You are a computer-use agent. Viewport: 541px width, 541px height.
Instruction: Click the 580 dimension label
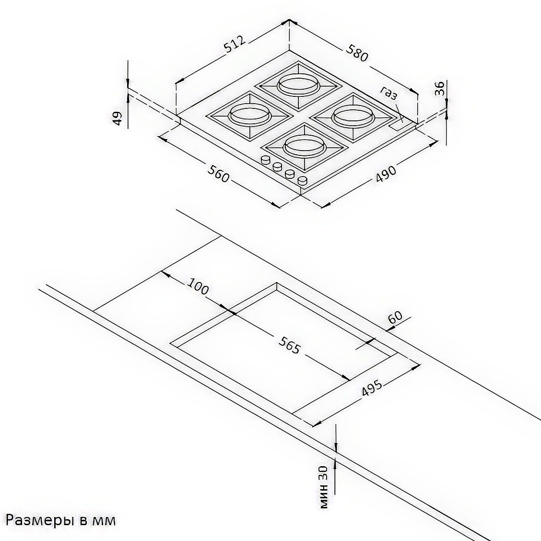(x=357, y=54)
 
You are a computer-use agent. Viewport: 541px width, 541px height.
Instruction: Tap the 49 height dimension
(x=118, y=118)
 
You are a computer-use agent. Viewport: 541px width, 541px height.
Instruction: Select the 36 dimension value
(x=439, y=89)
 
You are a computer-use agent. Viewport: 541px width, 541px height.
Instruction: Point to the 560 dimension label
(x=218, y=174)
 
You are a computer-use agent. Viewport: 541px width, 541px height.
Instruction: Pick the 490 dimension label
(x=386, y=175)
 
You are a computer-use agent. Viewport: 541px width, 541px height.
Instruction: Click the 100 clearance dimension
(x=198, y=286)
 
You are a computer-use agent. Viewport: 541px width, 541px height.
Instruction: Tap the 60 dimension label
(x=395, y=317)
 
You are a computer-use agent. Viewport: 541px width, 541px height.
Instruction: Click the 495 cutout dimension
(x=372, y=388)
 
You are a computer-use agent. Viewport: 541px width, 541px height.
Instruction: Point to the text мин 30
(x=324, y=487)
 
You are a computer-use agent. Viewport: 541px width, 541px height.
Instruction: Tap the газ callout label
(x=389, y=93)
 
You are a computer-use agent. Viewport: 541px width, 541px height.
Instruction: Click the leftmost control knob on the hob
(x=265, y=160)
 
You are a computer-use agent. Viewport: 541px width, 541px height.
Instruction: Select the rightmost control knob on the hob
(x=302, y=180)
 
